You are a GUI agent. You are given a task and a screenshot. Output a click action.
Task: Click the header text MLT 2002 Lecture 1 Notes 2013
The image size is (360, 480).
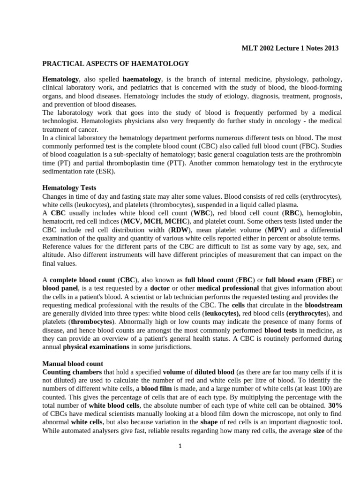pos(290,48)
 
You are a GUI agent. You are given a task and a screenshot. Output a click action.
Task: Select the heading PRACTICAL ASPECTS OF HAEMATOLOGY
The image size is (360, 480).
pos(116,63)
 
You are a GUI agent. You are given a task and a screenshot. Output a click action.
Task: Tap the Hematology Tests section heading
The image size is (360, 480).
pos(69,187)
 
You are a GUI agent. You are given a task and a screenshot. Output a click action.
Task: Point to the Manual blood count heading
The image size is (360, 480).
pos(73,363)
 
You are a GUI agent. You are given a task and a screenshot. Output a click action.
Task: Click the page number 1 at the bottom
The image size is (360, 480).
pos(180,446)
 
